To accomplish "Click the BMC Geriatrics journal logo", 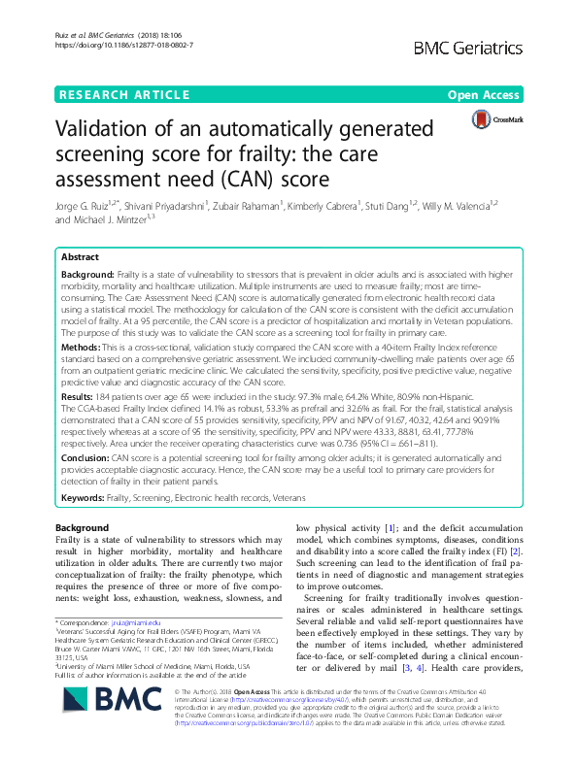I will (x=490, y=46).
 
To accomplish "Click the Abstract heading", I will (x=80, y=258).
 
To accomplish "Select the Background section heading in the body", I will (x=83, y=527).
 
